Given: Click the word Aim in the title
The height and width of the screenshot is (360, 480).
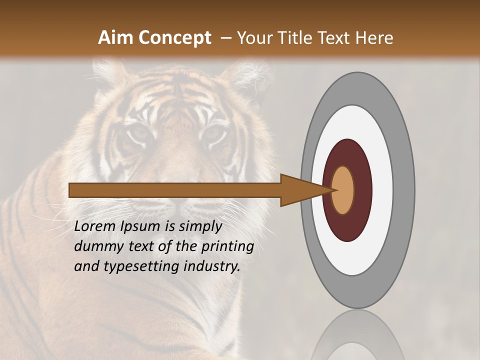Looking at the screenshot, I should point(116,38).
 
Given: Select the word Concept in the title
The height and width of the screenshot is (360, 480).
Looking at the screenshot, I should point(174,38).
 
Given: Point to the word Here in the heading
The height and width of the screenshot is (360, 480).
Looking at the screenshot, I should point(374,38).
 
